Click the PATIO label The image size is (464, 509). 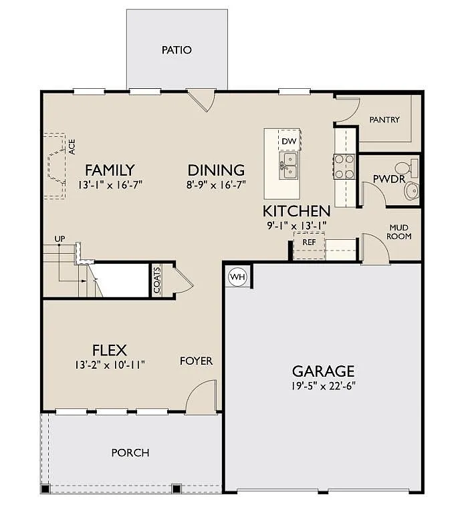point(177,50)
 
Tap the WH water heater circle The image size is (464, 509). point(237,276)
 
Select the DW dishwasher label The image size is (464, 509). point(289,142)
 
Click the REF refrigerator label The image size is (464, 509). point(309,242)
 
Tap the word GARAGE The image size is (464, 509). point(323,371)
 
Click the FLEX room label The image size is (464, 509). point(110,350)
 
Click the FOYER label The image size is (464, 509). point(196,361)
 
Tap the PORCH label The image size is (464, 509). point(130,453)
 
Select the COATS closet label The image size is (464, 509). point(157,281)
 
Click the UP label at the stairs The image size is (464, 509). point(60,238)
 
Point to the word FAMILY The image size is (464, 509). point(110,170)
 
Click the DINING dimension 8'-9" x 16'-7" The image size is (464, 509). point(215,184)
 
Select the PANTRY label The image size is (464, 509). point(384,120)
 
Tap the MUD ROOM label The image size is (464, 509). point(400,232)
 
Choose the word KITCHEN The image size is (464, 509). point(296,211)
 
